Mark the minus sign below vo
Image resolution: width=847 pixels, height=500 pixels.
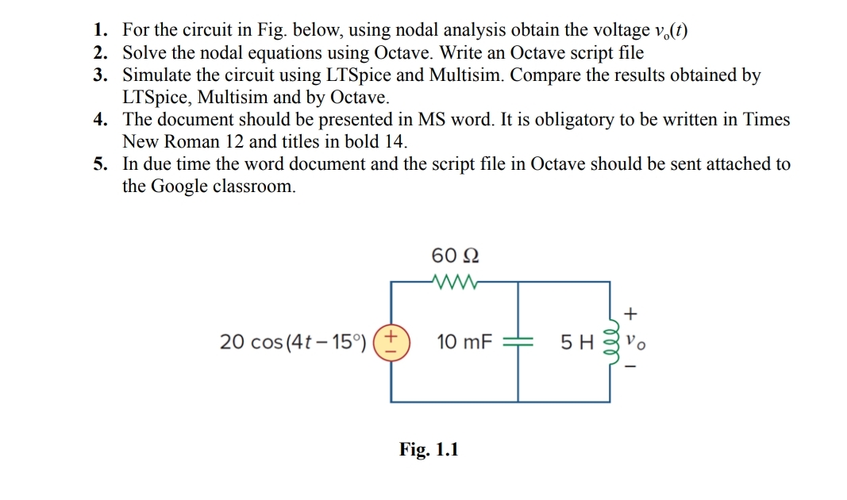(x=633, y=367)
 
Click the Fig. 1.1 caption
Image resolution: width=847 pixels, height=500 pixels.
(x=429, y=450)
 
